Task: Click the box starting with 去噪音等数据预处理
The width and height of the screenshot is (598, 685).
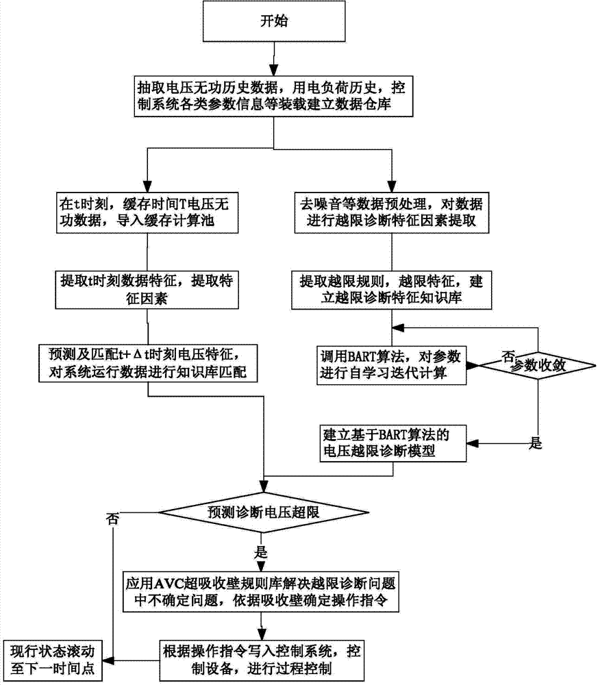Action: (391, 212)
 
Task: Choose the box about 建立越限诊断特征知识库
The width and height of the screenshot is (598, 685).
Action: (391, 290)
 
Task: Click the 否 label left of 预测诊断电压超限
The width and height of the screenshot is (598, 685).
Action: (111, 519)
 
